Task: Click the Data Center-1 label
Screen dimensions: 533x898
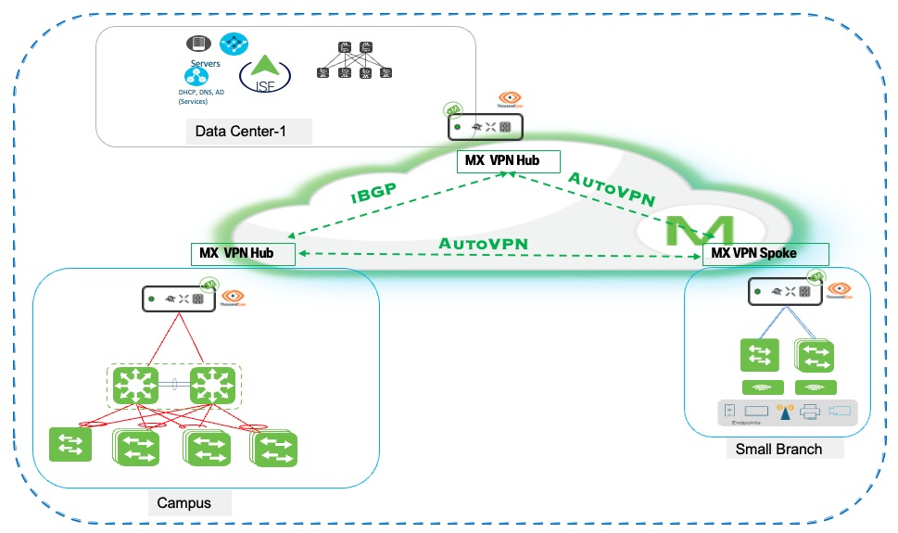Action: click(x=240, y=131)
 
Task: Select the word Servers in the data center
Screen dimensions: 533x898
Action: click(x=205, y=63)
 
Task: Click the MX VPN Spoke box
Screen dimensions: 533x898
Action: click(x=765, y=253)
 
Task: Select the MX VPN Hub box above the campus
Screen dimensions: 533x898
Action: click(x=243, y=253)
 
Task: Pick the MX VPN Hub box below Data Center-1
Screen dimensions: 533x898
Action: click(x=509, y=161)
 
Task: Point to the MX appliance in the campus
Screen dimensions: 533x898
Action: click(x=179, y=298)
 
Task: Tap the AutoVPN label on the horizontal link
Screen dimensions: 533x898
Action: click(x=483, y=243)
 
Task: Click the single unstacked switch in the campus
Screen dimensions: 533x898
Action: click(x=70, y=444)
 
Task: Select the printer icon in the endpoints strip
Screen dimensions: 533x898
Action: click(x=809, y=412)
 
